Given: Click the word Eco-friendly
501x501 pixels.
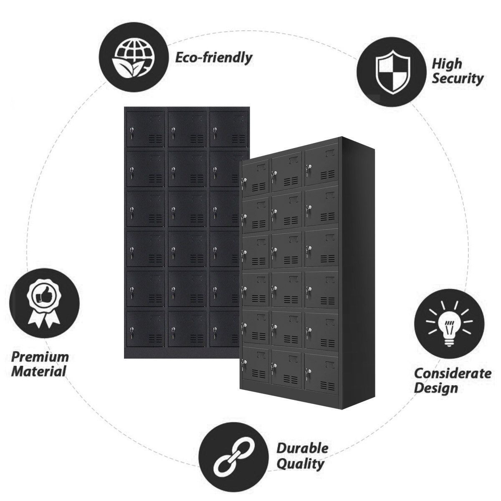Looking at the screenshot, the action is [x=213, y=58].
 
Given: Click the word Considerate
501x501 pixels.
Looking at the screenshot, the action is [x=453, y=374].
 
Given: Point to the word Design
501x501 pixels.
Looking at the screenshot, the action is [x=436, y=388].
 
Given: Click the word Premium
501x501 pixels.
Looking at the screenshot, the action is [x=40, y=357].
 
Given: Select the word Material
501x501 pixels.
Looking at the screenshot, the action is [x=39, y=371].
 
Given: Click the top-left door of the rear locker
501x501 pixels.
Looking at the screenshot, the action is [x=146, y=129].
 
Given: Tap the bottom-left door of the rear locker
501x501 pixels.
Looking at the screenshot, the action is [x=146, y=329].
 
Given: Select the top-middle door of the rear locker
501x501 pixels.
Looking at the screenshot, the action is [x=187, y=129].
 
